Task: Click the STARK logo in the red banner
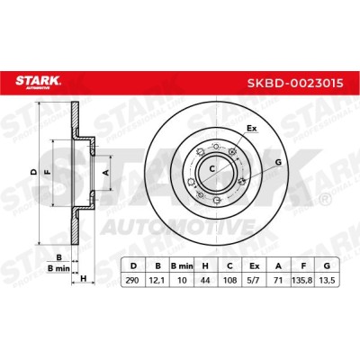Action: coord(39,83)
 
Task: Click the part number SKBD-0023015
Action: coord(295,83)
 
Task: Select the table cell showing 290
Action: coord(133,280)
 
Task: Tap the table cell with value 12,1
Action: coord(157,280)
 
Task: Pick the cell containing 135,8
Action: coord(303,280)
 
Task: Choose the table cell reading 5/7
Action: coord(255,280)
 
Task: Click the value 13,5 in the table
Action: coord(327,280)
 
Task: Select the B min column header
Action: coord(182,265)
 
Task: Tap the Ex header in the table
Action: coord(255,265)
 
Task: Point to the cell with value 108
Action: coord(230,280)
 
